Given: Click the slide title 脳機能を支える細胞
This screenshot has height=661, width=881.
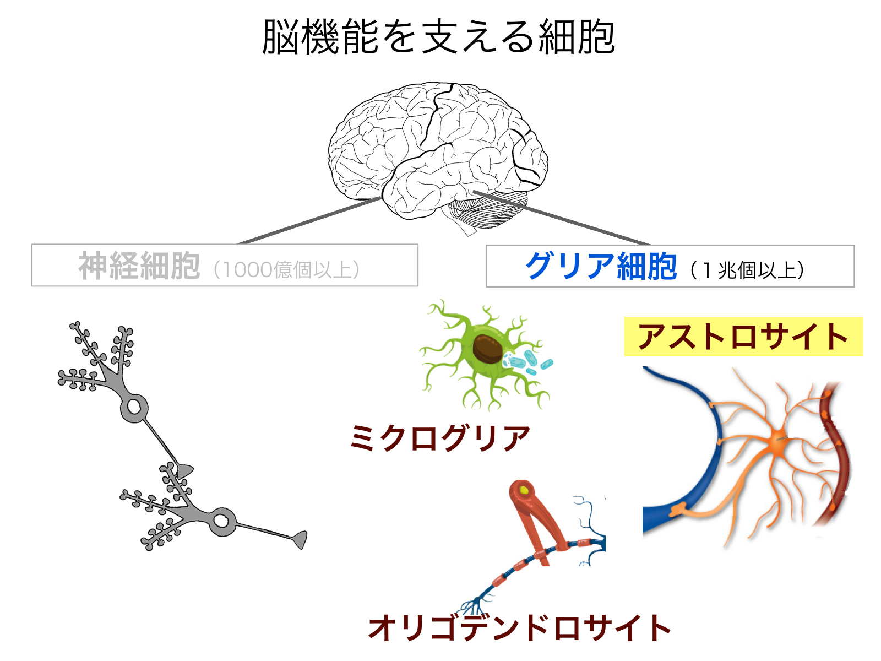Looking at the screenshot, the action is pos(438,37).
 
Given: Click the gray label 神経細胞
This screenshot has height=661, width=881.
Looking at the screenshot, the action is pos(139,266).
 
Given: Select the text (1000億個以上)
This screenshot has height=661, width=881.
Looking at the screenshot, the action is pos(286,269).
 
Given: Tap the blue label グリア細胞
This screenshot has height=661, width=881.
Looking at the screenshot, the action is pos(601,266).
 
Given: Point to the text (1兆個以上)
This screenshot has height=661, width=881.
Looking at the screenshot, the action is pos(747,270).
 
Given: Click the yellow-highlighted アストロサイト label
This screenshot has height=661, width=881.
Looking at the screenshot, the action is pos(743,337).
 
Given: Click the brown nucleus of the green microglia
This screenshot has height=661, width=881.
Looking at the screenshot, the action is pos(487,349).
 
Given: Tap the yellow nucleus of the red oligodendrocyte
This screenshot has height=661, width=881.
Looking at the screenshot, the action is pos(524,490).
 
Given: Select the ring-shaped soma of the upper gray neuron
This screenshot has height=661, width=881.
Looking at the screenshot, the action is pos(134,408).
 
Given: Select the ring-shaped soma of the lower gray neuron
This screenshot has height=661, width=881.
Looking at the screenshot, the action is pos(220,521).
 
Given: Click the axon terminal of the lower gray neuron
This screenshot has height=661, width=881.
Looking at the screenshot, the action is pos(300,540).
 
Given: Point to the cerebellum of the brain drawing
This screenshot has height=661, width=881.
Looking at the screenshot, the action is pos(488,213).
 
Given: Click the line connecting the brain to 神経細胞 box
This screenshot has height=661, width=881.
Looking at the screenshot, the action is pos(309,221).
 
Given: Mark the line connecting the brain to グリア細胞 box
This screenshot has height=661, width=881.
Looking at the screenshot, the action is pos(561,218).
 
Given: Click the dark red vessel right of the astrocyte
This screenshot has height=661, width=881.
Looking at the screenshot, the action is pos(835,453).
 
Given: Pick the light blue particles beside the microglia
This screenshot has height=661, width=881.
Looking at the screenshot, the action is pos(528,362).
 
